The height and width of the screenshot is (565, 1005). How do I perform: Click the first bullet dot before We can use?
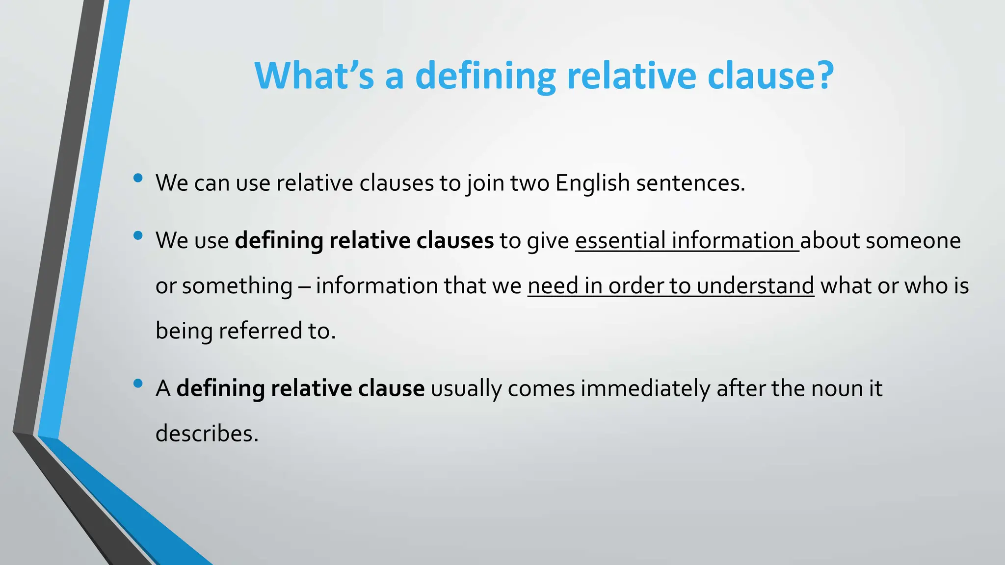click(138, 178)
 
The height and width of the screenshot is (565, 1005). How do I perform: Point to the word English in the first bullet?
click(592, 183)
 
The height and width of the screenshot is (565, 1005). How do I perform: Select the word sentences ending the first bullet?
click(689, 183)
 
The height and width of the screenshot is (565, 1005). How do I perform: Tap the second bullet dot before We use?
click(138, 236)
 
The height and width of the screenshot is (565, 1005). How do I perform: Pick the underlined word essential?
click(620, 240)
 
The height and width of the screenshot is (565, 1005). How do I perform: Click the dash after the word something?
click(304, 286)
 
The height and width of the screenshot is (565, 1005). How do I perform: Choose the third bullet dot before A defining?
click(138, 384)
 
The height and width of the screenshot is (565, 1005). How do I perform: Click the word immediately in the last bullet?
click(645, 388)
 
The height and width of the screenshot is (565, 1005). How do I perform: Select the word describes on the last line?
click(207, 434)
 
